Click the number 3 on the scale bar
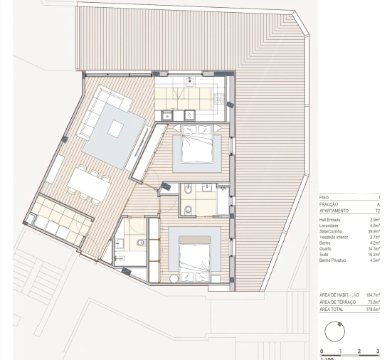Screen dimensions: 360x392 (378, 351)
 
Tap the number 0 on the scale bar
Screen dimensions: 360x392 (322, 351)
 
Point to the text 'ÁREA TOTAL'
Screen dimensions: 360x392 (333, 309)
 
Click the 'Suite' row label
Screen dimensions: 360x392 (324, 254)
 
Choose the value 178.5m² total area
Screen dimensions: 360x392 (373, 309)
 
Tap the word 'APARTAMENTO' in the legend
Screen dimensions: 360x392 (334, 211)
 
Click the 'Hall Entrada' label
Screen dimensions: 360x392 (332, 220)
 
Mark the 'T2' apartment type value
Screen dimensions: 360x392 (377, 211)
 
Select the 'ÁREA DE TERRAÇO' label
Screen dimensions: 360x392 (338, 302)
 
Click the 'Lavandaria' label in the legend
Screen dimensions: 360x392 (330, 226)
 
